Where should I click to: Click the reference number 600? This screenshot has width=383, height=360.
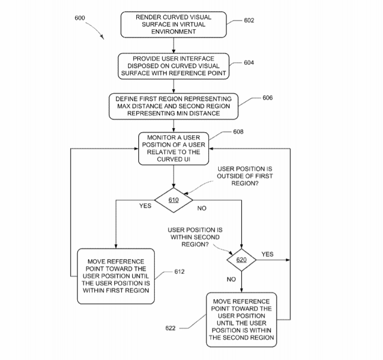[80, 18]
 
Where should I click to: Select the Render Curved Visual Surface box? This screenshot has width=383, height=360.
[174, 25]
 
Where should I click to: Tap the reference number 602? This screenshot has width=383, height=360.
[249, 20]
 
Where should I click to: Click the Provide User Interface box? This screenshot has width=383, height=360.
[174, 66]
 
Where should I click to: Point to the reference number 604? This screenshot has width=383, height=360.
[249, 62]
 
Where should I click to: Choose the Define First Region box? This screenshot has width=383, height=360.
[174, 106]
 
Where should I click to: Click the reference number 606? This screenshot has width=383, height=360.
[267, 98]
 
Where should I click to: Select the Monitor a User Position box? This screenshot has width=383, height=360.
[174, 149]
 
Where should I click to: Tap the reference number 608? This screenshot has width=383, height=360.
[238, 132]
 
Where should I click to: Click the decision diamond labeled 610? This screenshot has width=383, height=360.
[174, 200]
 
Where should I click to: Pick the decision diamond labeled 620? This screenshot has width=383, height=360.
[241, 260]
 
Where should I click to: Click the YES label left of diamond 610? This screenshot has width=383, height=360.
[145, 206]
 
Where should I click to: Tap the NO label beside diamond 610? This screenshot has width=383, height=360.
[202, 208]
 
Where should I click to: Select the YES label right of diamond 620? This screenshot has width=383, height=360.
[267, 254]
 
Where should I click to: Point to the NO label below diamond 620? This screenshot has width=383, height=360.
[231, 279]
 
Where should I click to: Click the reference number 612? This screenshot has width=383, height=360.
[179, 271]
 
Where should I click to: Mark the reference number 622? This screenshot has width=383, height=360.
[170, 328]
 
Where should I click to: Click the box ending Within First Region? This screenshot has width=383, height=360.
[116, 276]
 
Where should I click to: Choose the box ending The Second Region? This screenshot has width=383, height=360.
[241, 320]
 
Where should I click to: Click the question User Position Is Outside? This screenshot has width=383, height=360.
[245, 176]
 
